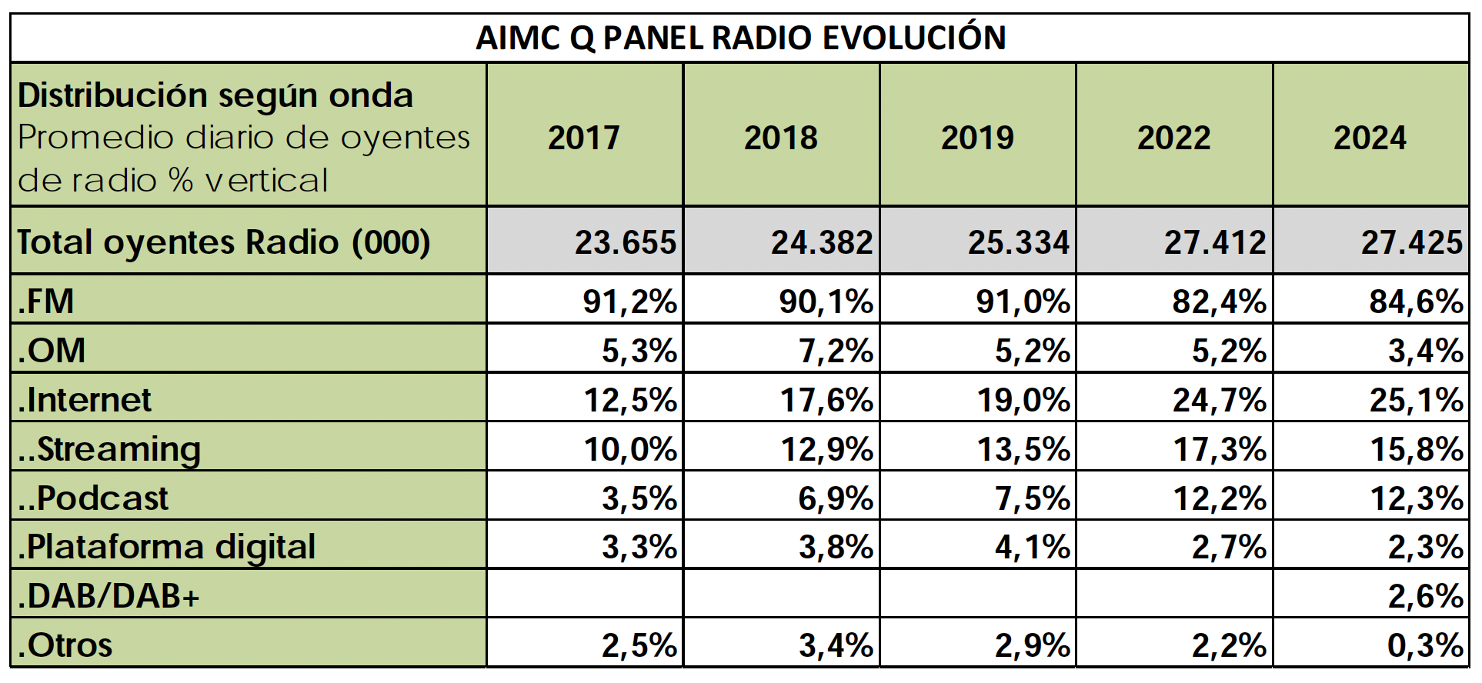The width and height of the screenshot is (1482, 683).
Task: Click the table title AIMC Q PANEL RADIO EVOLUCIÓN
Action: coord(740,38)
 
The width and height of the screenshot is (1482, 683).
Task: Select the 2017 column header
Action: coord(584,138)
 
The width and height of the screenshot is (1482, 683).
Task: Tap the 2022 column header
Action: coord(1173,138)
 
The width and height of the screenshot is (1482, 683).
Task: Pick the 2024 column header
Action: coord(1370,138)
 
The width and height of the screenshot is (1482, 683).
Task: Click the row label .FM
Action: coord(46,301)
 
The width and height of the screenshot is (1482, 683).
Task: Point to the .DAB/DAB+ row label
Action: coord(108,595)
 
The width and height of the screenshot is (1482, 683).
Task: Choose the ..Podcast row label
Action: coord(93,498)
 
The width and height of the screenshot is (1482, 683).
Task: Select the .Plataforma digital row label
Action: coord(167,547)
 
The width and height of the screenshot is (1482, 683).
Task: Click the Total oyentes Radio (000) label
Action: coord(224,242)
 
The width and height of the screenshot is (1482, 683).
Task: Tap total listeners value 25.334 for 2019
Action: coord(1018,243)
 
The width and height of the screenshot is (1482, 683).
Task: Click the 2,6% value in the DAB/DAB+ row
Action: coord(1425,596)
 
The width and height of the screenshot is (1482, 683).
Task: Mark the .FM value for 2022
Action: coord(1219,302)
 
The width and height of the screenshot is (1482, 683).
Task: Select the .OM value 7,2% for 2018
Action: coord(836,351)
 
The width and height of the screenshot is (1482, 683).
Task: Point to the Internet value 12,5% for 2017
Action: coord(630,400)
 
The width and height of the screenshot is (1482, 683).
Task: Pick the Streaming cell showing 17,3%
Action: coord(1219,449)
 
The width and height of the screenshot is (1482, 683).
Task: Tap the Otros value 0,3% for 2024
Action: coord(1425,645)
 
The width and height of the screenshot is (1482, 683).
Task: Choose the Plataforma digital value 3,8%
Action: coord(836,548)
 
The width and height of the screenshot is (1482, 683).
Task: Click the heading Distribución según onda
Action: coord(215,95)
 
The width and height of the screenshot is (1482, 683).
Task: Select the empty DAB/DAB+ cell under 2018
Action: coord(781,594)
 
